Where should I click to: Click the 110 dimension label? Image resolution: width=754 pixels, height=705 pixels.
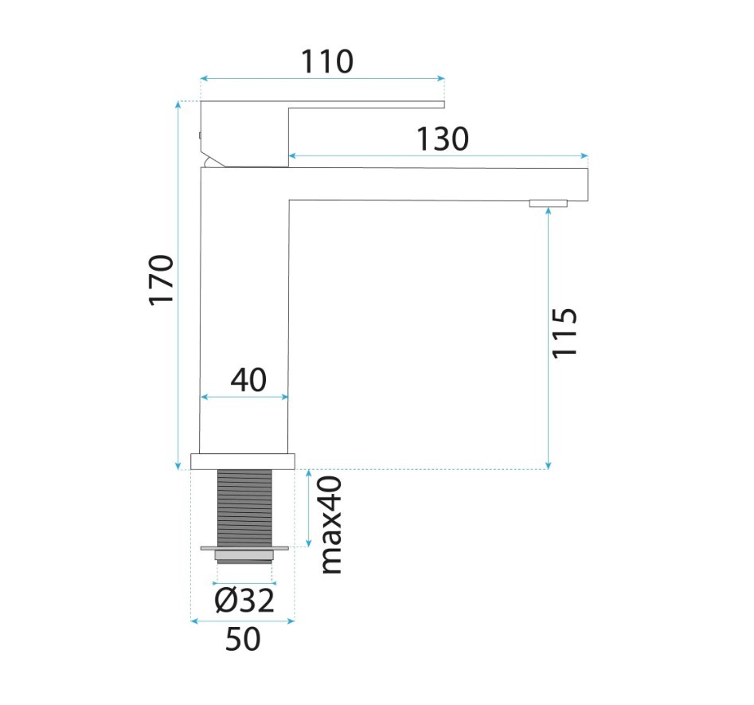[327, 61]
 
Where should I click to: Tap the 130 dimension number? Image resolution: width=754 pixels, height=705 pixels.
[443, 139]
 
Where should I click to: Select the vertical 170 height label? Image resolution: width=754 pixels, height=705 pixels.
[161, 280]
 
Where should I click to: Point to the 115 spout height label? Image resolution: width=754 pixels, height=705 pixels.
[564, 332]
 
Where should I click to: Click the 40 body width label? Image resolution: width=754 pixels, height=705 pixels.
[248, 380]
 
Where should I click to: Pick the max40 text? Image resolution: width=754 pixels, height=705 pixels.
[331, 524]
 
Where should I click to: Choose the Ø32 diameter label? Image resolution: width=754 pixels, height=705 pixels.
[244, 600]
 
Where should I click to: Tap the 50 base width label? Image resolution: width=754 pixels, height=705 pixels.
[243, 639]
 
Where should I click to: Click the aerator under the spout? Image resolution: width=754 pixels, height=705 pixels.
[549, 204]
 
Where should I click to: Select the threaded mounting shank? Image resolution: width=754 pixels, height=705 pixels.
[244, 508]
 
